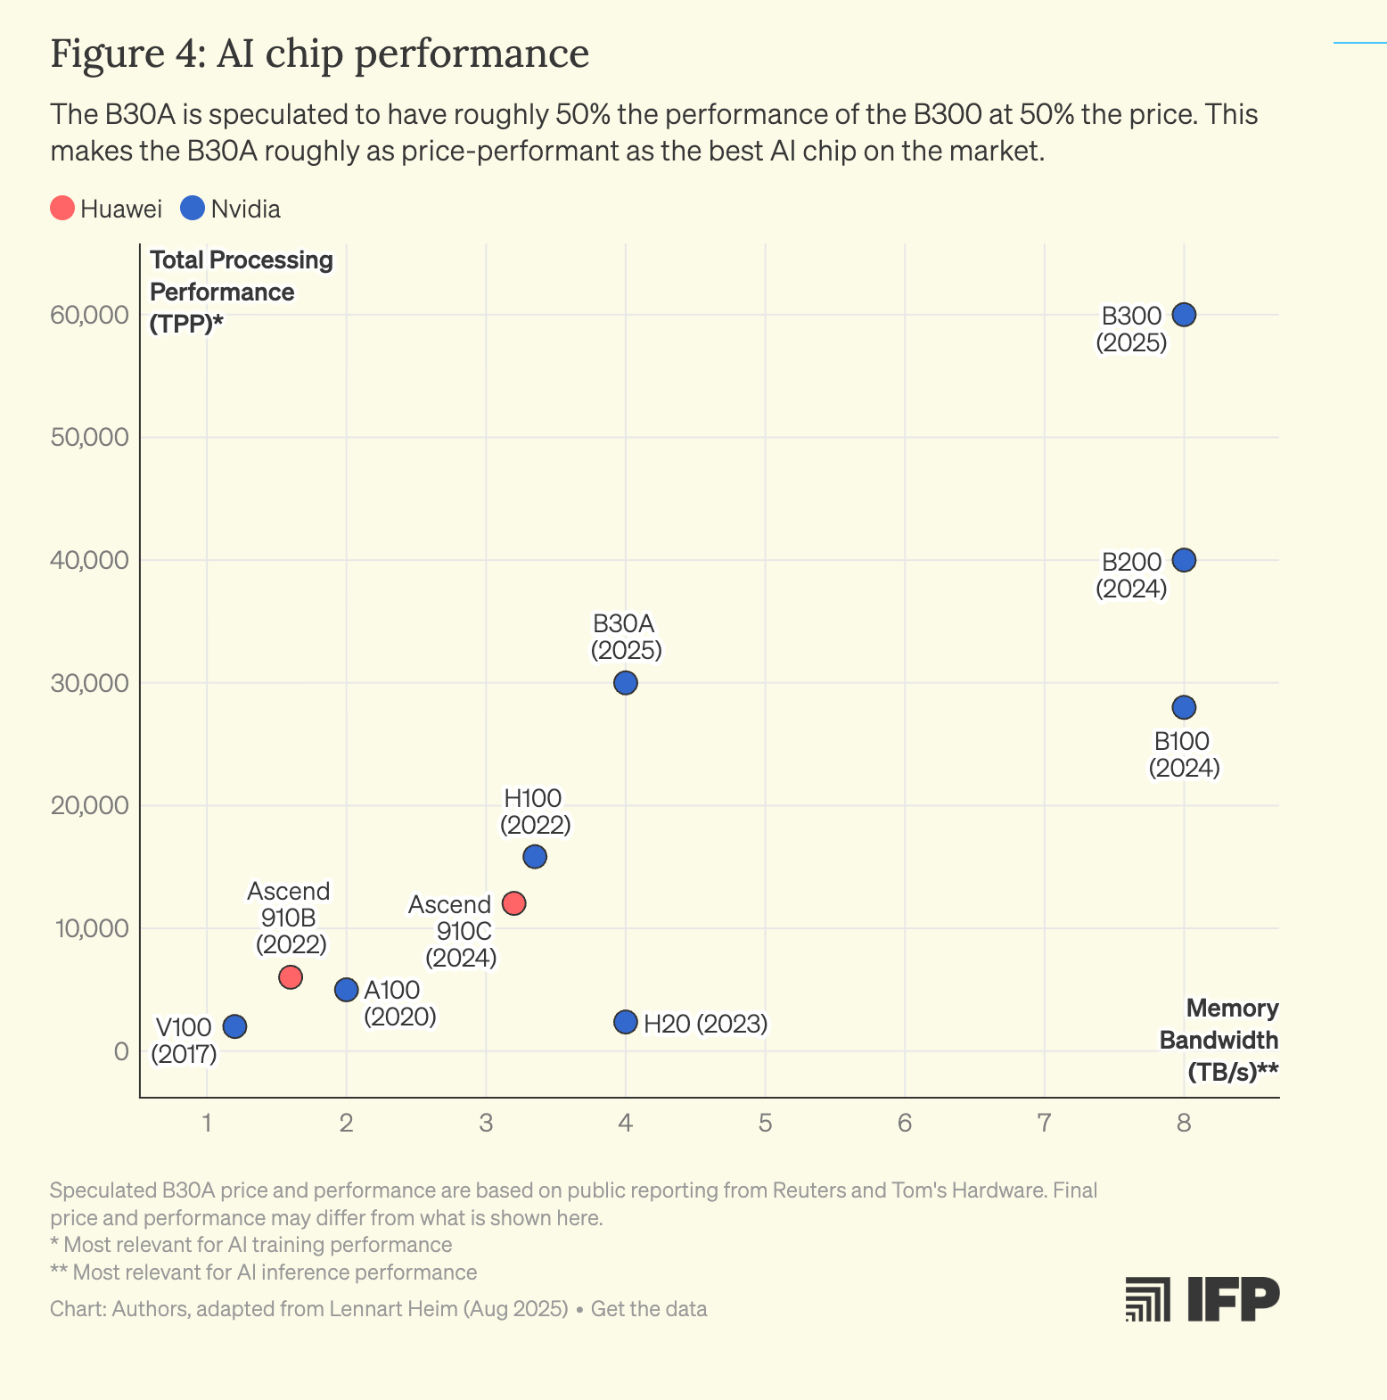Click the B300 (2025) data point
pyautogui.click(x=1183, y=315)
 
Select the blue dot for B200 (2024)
pyautogui.click(x=1183, y=560)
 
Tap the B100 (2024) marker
pyautogui.click(x=1183, y=707)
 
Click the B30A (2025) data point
pyautogui.click(x=626, y=683)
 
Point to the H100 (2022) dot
pyautogui.click(x=535, y=857)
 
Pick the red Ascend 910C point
pyautogui.click(x=514, y=903)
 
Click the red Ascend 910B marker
pyautogui.click(x=291, y=977)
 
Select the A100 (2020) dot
pyautogui.click(x=347, y=990)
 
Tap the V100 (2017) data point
pyautogui.click(x=234, y=1026)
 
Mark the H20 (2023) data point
pyautogui.click(x=626, y=1022)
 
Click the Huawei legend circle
pyautogui.click(x=62, y=209)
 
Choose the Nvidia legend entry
pyautogui.click(x=231, y=209)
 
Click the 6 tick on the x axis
pyautogui.click(x=904, y=1123)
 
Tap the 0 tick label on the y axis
pyautogui.click(x=121, y=1051)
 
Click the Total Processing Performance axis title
pyautogui.click(x=241, y=292)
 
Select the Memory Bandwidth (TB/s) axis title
pyautogui.click(x=1219, y=1040)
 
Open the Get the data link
pyautogui.click(x=649, y=1309)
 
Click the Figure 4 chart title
pyautogui.click(x=319, y=54)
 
